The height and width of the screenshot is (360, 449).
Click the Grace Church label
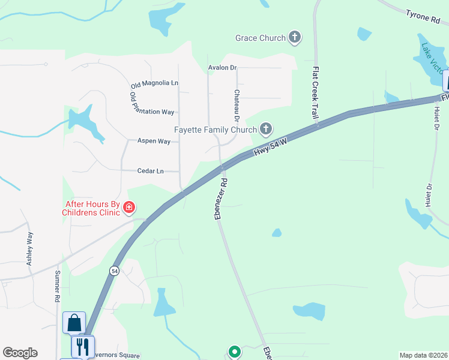(x=261, y=38)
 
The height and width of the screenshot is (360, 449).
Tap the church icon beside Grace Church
(x=294, y=38)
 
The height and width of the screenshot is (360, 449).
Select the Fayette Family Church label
(x=215, y=130)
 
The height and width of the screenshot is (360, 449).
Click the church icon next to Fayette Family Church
(x=265, y=129)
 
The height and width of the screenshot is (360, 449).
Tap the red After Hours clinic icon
(x=128, y=208)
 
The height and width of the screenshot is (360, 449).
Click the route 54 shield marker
(x=114, y=271)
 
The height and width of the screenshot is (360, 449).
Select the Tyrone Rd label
(x=423, y=16)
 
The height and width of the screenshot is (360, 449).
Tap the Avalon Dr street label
(x=222, y=68)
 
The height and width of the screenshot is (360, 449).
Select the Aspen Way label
(x=154, y=141)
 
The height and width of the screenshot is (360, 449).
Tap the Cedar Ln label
(x=151, y=171)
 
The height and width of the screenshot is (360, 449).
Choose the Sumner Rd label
(x=58, y=286)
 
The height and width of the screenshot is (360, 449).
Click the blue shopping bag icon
(x=74, y=323)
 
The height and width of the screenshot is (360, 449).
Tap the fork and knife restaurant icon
(x=83, y=346)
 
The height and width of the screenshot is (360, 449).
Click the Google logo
(x=20, y=353)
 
